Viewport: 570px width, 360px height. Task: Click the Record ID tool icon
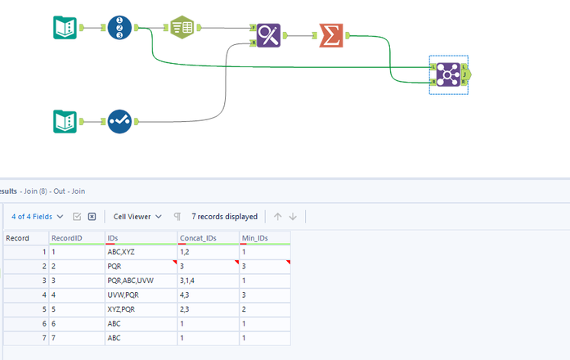pos(119,29)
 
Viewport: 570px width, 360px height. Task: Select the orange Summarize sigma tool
pos(331,35)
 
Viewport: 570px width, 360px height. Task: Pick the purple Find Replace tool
pos(268,35)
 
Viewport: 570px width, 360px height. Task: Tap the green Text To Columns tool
pos(182,29)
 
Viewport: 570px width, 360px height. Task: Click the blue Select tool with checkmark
pos(119,122)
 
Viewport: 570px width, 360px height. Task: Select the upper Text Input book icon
pos(65,29)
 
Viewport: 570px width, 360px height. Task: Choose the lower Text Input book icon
pos(65,122)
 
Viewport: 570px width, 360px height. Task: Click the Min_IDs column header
pos(263,238)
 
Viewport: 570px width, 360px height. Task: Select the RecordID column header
pos(76,238)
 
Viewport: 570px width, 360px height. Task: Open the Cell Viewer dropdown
pos(137,217)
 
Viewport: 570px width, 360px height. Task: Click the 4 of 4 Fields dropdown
pos(38,217)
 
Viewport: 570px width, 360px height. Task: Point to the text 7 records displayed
pos(224,217)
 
